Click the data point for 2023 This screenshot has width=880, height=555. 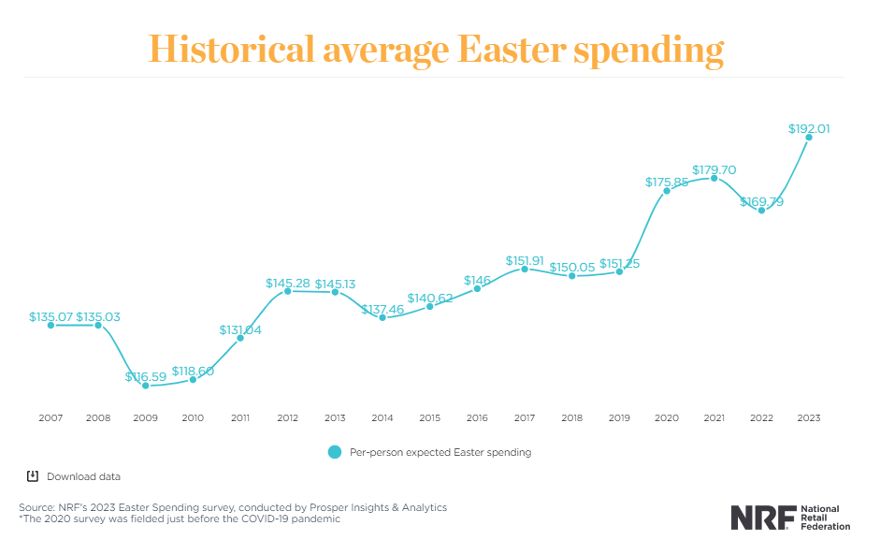809,138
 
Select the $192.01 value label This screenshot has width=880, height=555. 809,129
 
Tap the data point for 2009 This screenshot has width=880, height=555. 145,385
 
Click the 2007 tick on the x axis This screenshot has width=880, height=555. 50,417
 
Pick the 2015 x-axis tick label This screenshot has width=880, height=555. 430,417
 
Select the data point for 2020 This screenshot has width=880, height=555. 667,190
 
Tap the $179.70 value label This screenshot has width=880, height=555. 714,169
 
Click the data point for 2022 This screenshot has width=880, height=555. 762,211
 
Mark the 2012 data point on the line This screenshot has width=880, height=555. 287,291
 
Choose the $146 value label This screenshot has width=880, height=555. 477,280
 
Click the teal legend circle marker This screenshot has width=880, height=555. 335,452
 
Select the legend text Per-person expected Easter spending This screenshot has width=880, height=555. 440,452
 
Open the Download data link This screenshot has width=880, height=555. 83,476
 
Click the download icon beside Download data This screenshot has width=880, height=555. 33,476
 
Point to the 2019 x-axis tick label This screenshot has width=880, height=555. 620,417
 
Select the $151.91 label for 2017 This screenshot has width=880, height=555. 525,260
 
